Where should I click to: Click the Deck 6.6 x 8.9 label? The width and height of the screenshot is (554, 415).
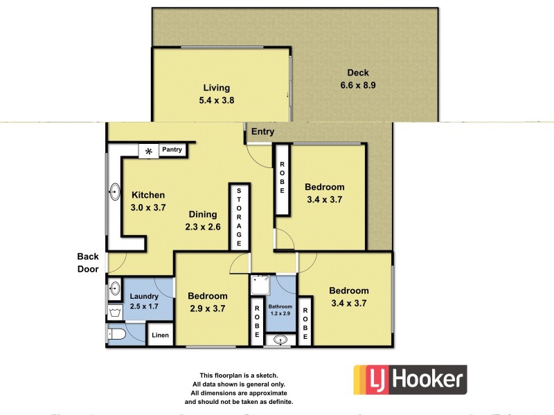pos(358,80)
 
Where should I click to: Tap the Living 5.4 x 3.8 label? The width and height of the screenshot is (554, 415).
pos(216,94)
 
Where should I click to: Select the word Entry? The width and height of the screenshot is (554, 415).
pos(262,131)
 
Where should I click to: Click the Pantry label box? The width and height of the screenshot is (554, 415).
pos(171,149)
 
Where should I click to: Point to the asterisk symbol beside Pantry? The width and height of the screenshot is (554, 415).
pos(148,151)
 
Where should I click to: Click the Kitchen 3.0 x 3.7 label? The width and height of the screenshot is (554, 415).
pos(148,201)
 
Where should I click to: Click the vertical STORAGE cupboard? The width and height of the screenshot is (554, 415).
pos(239,216)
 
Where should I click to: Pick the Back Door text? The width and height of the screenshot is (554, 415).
pos(88,263)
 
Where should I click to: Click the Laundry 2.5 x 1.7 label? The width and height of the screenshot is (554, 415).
pos(144,302)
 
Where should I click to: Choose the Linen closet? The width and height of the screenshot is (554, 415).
pos(160,336)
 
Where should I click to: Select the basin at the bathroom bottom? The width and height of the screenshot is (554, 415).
pos(281,340)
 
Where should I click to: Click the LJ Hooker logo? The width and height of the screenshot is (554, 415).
pos(410,380)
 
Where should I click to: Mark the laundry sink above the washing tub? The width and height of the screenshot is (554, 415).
pos(115,289)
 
